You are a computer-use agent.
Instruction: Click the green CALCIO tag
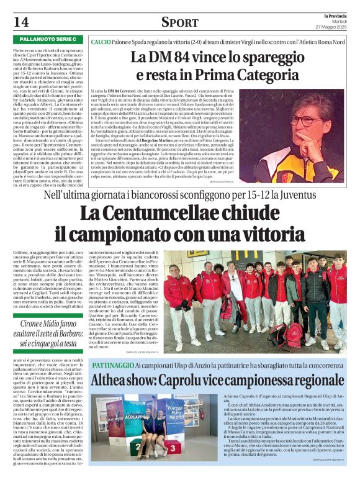click(x=101, y=40)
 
